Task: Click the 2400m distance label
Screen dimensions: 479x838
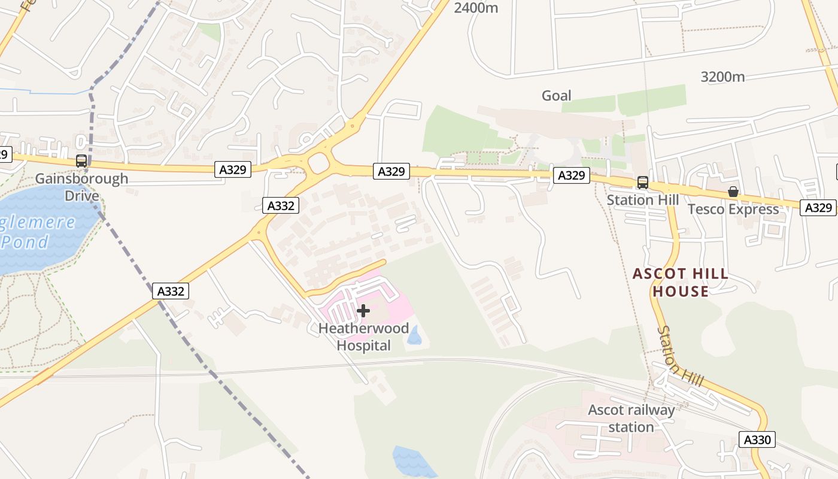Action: pyautogui.click(x=476, y=8)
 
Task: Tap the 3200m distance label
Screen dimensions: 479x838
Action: pyautogui.click(x=722, y=77)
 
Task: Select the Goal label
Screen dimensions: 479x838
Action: pyautogui.click(x=556, y=95)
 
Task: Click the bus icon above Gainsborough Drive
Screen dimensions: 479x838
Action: pyautogui.click(x=81, y=161)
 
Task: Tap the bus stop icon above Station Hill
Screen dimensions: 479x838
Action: pyautogui.click(x=642, y=183)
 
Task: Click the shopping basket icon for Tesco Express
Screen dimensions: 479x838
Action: pyautogui.click(x=733, y=192)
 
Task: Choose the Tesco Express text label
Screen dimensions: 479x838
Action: pyautogui.click(x=733, y=209)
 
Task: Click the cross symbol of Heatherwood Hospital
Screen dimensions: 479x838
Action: pyautogui.click(x=363, y=311)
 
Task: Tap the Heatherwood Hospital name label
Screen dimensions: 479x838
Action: pyautogui.click(x=363, y=336)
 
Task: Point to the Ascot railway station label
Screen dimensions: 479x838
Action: pyautogui.click(x=631, y=419)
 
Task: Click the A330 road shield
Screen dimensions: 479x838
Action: pyautogui.click(x=757, y=439)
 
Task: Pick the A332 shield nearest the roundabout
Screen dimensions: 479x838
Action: pyautogui.click(x=280, y=205)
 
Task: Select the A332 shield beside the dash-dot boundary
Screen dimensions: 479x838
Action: pyautogui.click(x=171, y=291)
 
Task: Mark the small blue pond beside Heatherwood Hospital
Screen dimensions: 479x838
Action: pyautogui.click(x=414, y=335)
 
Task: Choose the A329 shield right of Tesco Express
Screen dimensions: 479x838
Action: pyautogui.click(x=818, y=208)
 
